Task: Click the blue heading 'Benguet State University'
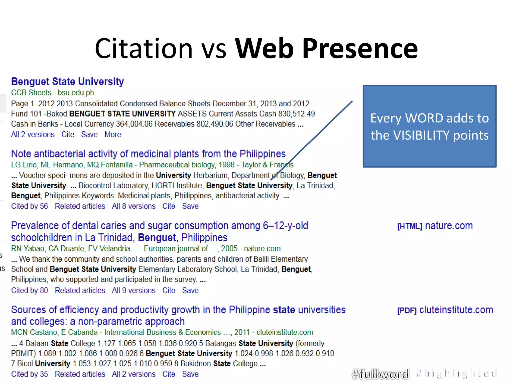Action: click(x=67, y=82)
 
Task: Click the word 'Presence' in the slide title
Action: click(x=360, y=48)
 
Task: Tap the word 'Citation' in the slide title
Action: click(x=144, y=48)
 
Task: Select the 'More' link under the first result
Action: click(x=113, y=135)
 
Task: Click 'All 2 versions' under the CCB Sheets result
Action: click(x=33, y=135)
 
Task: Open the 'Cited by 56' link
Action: click(x=30, y=206)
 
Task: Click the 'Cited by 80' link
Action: click(x=30, y=291)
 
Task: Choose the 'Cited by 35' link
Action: click(x=30, y=374)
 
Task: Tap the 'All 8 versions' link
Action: click(x=134, y=206)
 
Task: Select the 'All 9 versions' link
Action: click(x=134, y=291)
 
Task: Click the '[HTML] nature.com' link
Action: click(x=435, y=226)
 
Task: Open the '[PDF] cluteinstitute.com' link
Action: click(x=445, y=310)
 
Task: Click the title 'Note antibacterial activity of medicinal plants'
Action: click(x=148, y=154)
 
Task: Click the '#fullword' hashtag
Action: click(x=380, y=374)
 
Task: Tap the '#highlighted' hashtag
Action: click(x=456, y=374)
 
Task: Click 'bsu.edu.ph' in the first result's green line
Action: click(x=76, y=93)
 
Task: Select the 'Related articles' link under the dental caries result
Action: click(x=80, y=291)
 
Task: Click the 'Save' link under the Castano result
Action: click(x=190, y=374)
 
